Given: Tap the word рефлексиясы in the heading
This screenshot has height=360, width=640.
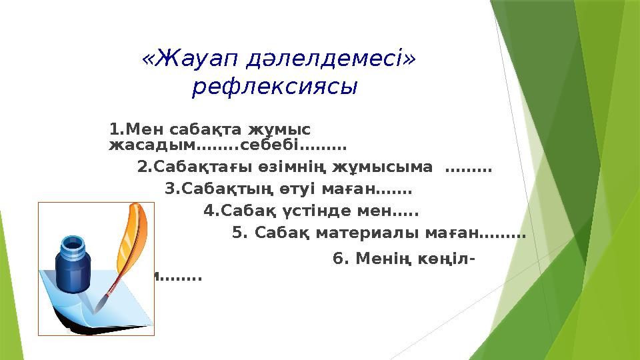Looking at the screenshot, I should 273,87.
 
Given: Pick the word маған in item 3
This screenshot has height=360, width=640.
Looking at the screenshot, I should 374,190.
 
